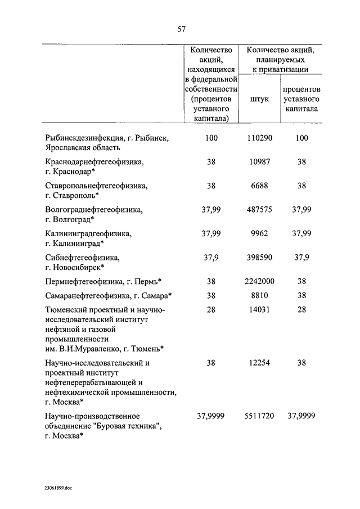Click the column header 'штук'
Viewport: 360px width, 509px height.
click(x=259, y=98)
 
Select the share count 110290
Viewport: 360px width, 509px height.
click(x=259, y=138)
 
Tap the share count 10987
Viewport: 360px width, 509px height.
click(x=259, y=161)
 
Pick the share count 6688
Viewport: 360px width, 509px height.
click(x=259, y=185)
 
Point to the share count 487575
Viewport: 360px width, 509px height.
click(x=259, y=209)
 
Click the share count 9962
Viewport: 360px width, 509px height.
click(x=259, y=233)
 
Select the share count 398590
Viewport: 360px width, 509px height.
click(x=259, y=257)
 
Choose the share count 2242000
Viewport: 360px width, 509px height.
click(x=259, y=281)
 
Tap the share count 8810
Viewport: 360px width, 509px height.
click(x=259, y=295)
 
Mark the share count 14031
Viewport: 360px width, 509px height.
click(x=259, y=310)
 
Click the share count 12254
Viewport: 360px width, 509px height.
click(x=259, y=363)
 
